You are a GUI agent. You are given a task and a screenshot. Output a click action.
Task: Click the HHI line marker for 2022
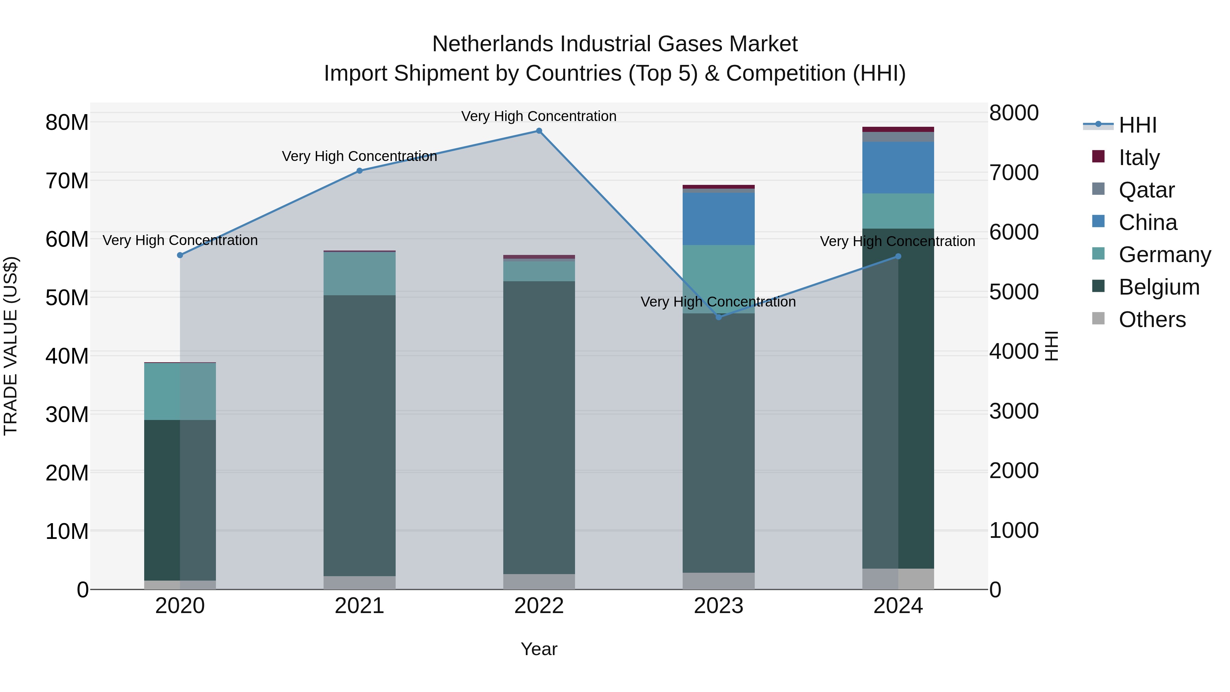539,131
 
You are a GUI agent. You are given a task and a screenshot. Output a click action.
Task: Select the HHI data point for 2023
719,317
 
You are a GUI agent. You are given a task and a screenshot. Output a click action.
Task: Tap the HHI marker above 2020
180,256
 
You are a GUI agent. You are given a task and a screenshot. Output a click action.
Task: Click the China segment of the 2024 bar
898,168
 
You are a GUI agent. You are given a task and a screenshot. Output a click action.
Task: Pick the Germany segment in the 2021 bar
359,274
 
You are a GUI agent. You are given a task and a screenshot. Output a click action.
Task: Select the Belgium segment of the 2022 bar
539,428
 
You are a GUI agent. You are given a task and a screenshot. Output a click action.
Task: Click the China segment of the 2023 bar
719,219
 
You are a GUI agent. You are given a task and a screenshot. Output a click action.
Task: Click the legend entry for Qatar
1146,190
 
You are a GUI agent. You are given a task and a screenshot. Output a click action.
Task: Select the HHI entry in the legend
1137,125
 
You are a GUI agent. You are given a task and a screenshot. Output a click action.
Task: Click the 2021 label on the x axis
359,606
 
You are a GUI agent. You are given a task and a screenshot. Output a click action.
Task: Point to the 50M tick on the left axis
67,298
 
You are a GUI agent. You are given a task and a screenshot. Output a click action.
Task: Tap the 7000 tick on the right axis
1014,173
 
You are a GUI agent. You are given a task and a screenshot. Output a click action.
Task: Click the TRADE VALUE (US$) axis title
11,346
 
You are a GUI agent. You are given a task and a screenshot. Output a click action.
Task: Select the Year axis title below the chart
539,649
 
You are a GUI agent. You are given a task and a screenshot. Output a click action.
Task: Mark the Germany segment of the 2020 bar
180,392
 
